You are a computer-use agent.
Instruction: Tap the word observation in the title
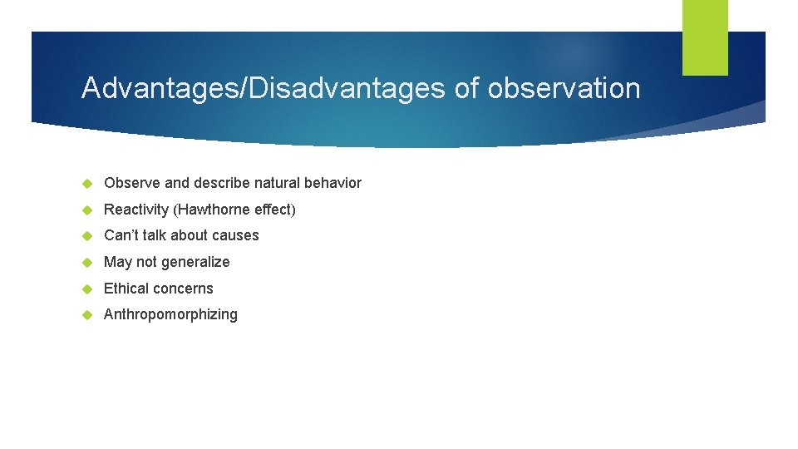click(x=564, y=88)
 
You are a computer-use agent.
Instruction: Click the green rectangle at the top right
click(x=705, y=37)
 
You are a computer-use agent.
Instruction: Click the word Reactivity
click(x=136, y=210)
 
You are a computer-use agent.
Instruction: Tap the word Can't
click(x=121, y=236)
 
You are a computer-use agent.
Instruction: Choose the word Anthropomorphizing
click(x=170, y=315)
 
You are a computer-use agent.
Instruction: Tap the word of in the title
click(x=466, y=88)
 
